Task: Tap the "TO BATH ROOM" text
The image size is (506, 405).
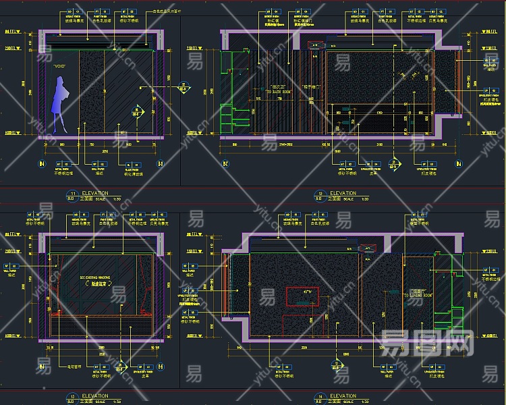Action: point(278,90)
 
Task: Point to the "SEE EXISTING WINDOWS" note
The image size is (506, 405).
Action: point(95,277)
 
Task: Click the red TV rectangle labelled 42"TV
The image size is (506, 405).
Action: point(303,297)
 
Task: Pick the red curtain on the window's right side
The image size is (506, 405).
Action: point(144,287)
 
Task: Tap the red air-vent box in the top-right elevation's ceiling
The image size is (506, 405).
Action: point(315,45)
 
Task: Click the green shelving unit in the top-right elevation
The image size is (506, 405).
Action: point(231,108)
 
